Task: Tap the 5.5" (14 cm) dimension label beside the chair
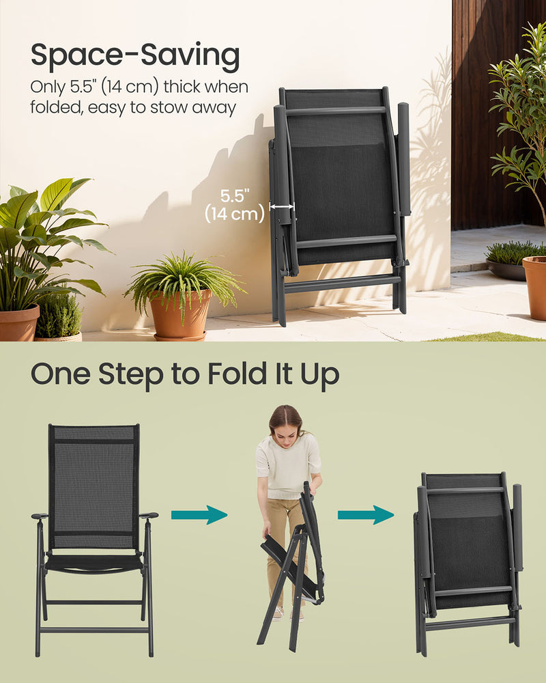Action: [x=234, y=205]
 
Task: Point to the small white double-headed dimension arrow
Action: [x=282, y=206]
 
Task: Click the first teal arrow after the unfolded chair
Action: [x=199, y=514]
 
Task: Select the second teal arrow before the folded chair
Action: [x=366, y=514]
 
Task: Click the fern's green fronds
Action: [x=181, y=277]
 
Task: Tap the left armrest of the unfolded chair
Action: [x=40, y=516]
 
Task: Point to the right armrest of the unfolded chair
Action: [x=148, y=516]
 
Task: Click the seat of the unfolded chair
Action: [x=94, y=561]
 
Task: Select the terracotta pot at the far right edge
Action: [x=535, y=287]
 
